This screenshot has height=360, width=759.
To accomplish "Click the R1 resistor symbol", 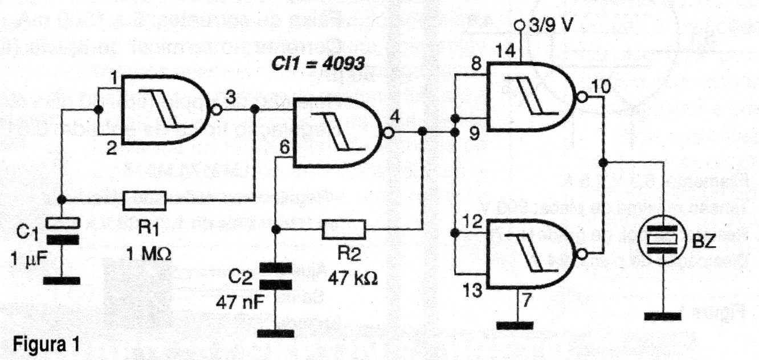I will [x=144, y=200].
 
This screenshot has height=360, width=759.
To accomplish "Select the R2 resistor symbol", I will [x=343, y=228].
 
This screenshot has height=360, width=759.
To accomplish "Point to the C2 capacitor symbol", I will [x=275, y=275].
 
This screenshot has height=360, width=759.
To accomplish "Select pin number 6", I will [x=283, y=146].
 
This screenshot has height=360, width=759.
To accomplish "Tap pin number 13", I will [x=472, y=292].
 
